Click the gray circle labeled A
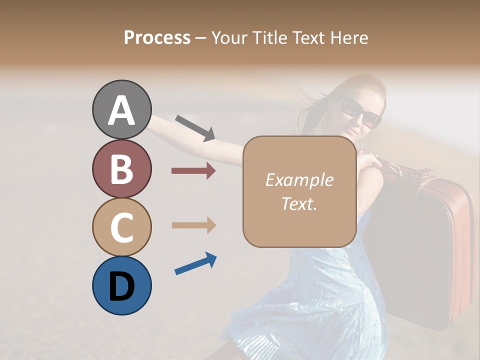[121, 109]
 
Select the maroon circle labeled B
[121, 168]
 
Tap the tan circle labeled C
[121, 227]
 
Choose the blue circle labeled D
[121, 285]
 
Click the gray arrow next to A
[195, 128]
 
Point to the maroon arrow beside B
[193, 171]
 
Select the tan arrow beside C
[193, 225]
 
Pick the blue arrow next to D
[195, 263]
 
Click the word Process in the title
[157, 38]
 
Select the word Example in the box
[299, 180]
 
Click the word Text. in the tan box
[299, 203]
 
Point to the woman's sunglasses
[360, 112]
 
